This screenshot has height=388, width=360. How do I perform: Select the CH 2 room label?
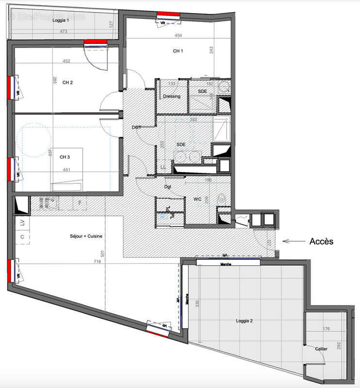67,82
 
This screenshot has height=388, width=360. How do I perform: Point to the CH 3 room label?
65,157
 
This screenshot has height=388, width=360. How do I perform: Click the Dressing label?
171,96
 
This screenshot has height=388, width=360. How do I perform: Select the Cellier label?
321,349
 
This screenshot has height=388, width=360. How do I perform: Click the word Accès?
321,241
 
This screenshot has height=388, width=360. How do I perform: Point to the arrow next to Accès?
292,241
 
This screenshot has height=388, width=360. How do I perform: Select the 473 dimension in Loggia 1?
63,32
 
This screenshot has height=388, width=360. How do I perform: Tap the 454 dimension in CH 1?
178,35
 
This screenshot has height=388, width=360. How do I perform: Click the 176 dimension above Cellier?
326,329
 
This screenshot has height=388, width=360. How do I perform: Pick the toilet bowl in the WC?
222,198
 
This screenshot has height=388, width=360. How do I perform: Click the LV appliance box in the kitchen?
22,223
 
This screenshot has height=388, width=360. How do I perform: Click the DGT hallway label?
136,127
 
